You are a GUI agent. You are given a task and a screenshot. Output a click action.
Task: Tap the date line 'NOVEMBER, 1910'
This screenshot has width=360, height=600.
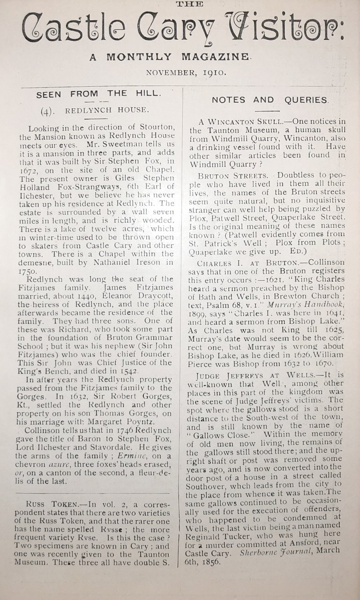(x=186, y=73)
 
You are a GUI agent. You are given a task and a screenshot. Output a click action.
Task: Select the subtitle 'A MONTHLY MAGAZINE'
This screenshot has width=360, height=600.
(x=171, y=57)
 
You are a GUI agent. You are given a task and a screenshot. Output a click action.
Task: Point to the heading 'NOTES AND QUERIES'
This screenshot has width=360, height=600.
(x=270, y=100)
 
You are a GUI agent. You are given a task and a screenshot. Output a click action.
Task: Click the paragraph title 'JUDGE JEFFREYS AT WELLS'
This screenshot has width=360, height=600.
(x=261, y=375)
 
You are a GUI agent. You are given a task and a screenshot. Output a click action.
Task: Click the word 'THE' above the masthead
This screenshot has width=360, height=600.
(x=189, y=4)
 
